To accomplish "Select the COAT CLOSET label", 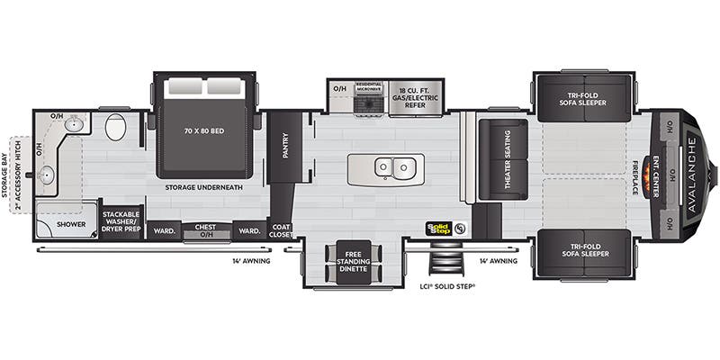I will pyautogui.click(x=280, y=229).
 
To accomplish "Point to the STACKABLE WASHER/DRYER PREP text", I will pyautogui.click(x=121, y=220).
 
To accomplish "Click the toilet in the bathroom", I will pyautogui.click(x=115, y=127).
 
